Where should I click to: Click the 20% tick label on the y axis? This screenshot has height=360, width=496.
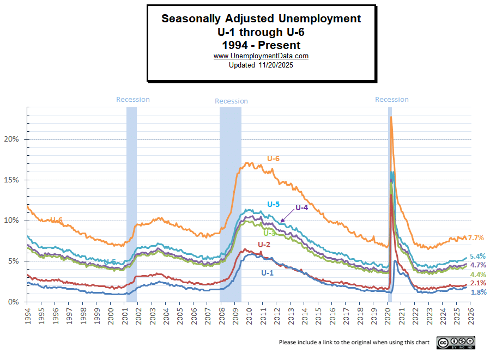[12, 139]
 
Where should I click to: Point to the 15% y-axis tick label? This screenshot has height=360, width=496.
[12, 180]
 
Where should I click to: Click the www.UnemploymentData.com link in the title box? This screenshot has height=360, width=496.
[261, 56]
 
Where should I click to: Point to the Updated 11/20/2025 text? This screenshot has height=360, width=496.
[261, 65]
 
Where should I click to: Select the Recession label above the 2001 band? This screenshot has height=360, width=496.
[133, 100]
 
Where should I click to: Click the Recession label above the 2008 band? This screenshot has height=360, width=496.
[231, 101]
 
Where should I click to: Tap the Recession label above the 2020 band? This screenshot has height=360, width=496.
[392, 100]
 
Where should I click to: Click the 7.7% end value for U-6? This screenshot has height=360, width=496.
[476, 238]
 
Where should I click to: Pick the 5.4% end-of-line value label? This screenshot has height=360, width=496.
[478, 256]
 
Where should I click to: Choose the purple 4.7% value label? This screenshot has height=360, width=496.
[478, 265]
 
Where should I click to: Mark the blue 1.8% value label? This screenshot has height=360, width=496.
[479, 292]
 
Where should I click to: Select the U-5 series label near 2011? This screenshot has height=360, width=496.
[273, 204]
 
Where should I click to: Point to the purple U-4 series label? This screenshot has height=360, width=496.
[302, 208]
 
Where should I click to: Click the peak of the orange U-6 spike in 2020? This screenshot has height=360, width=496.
[391, 117]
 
